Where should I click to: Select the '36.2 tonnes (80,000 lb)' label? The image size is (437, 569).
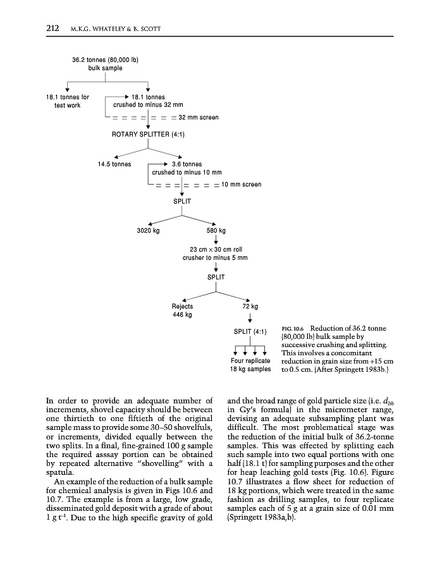106,60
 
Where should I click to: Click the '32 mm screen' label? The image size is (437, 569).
199,118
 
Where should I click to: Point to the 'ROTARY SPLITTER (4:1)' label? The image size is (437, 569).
148,134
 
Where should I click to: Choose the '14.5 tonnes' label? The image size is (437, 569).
114,164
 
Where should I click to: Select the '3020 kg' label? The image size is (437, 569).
149,230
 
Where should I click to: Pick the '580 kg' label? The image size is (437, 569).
216,230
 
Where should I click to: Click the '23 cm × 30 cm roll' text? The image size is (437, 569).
215,250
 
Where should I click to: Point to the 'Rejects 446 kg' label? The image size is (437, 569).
182,310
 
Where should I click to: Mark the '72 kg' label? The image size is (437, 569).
250,307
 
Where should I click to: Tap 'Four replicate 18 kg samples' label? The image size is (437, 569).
250,365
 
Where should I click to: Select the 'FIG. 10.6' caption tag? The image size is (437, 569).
293,329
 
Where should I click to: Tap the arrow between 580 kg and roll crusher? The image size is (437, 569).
216,239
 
